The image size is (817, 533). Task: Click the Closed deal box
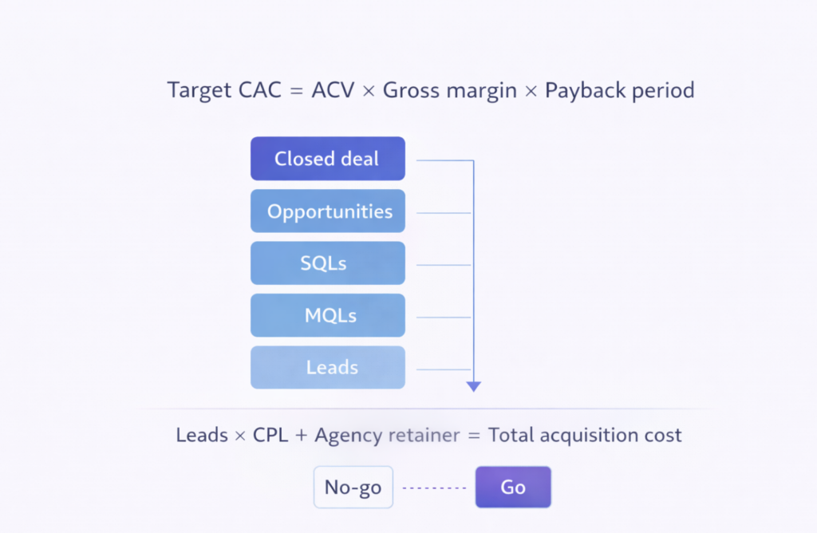327,159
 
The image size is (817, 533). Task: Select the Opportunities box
327,211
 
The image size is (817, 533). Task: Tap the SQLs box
327,263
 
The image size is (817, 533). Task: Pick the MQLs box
327,315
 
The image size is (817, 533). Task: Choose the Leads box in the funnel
327,367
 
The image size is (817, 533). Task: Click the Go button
513,487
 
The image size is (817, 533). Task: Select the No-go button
353,487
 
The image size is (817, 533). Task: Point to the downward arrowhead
474,386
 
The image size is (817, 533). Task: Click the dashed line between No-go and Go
434,488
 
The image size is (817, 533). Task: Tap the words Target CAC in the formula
223,90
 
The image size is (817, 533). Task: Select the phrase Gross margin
450,90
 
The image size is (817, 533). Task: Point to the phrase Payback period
619,90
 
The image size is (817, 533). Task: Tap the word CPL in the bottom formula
271,436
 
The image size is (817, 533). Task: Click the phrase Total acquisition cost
585,436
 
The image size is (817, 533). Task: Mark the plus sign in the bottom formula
302,436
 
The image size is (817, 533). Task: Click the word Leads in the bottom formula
201,436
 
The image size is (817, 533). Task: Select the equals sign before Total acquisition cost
474,436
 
